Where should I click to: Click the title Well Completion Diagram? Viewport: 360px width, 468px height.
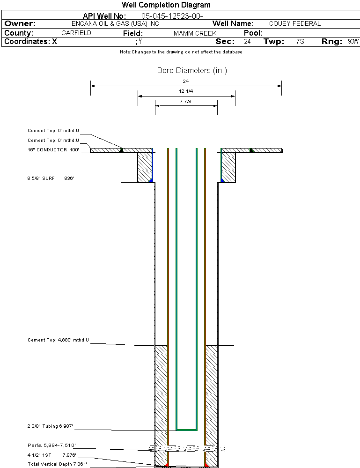[166, 5]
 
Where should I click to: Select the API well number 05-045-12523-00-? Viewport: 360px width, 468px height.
[172, 16]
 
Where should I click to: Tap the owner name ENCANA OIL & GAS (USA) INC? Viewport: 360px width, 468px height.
[115, 24]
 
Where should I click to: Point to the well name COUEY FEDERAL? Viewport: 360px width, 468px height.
[294, 23]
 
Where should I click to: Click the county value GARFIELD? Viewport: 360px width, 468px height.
[76, 33]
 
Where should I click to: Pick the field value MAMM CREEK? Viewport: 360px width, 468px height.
[195, 33]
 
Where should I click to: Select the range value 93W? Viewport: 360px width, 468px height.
[353, 42]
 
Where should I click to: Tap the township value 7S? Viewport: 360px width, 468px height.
[300, 42]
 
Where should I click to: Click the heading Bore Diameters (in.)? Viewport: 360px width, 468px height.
[192, 71]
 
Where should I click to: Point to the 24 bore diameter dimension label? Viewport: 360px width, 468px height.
[185, 81]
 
